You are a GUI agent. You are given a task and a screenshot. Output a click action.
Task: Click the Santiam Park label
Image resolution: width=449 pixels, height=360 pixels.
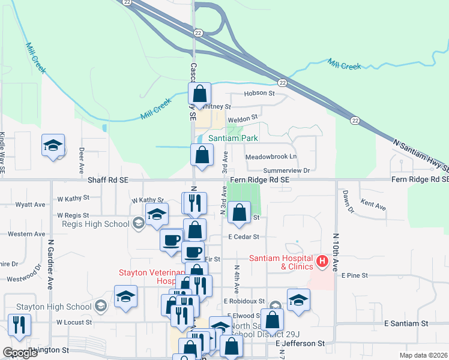click(234, 138)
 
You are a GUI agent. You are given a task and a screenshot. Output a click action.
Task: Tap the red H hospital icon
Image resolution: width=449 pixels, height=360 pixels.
click(322, 262)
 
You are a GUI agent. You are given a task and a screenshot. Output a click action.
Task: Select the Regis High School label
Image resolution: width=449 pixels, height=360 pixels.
click(95, 224)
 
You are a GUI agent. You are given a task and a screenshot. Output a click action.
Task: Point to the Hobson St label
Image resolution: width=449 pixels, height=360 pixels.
click(259, 94)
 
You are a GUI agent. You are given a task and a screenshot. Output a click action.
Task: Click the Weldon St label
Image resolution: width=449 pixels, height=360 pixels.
click(243, 118)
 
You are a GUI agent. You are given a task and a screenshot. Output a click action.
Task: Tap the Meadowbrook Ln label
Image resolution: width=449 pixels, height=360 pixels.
click(271, 157)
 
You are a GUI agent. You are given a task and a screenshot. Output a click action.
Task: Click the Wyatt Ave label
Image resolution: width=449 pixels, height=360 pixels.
click(31, 205)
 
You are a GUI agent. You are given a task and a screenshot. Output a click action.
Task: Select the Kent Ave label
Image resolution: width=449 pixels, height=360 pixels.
click(373, 205)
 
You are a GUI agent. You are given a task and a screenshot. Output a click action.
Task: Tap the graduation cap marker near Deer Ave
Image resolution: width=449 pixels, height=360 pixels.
click(53, 145)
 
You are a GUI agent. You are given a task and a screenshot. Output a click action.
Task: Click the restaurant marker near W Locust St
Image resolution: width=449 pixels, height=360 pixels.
click(20, 325)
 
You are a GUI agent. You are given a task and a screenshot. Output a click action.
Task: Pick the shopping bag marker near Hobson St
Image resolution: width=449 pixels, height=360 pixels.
click(200, 94)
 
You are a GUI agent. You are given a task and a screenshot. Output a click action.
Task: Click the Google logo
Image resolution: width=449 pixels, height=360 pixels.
click(20, 353)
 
